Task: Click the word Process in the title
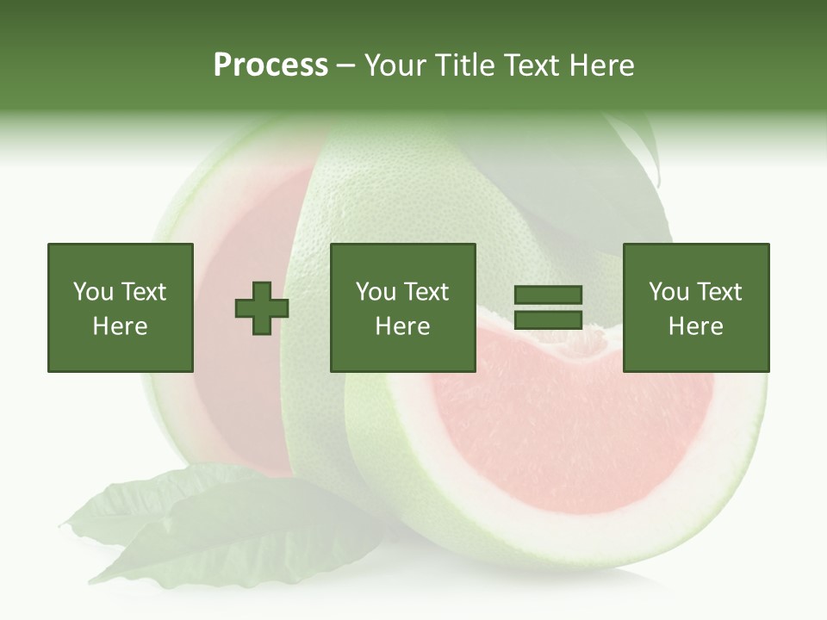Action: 270,65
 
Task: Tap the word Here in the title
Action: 603,65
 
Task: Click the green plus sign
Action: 262,308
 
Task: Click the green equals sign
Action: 548,308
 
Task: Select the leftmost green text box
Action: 120,307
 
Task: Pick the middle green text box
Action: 402,307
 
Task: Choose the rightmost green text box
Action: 695,307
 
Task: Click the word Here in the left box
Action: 120,326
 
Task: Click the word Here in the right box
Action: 695,326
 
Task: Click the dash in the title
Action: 346,65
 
